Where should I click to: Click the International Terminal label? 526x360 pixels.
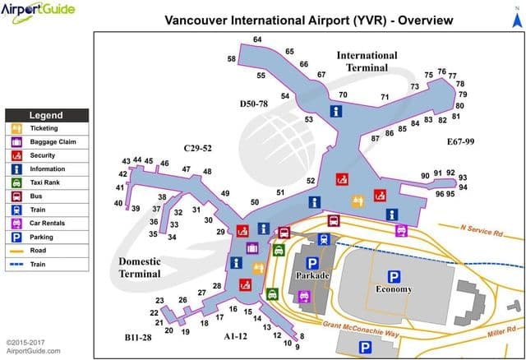(367, 62)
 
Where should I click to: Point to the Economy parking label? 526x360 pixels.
(394, 289)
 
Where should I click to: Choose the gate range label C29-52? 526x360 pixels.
(196, 148)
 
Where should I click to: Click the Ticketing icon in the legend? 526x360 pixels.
(16, 128)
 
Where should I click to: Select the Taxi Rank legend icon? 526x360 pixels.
(16, 182)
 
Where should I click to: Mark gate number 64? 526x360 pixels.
(257, 39)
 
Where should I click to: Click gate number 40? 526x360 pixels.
(118, 203)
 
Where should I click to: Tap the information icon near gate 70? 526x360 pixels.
(335, 110)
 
